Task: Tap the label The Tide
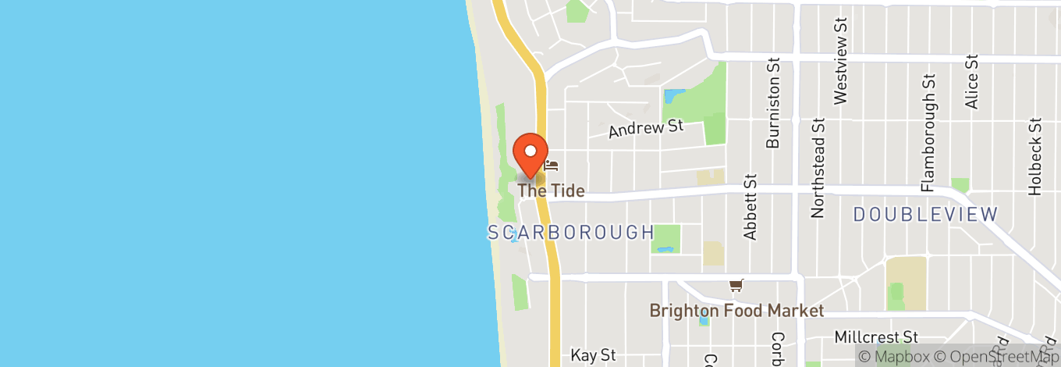551,191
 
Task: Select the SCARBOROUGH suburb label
571,232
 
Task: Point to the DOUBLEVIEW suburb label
925,214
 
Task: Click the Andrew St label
646,128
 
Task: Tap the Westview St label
840,59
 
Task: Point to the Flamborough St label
928,133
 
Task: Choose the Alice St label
971,81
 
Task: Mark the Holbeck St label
1034,156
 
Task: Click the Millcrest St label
876,337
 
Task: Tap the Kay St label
594,355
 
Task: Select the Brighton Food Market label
736,311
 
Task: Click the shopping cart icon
736,286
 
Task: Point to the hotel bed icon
552,165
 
